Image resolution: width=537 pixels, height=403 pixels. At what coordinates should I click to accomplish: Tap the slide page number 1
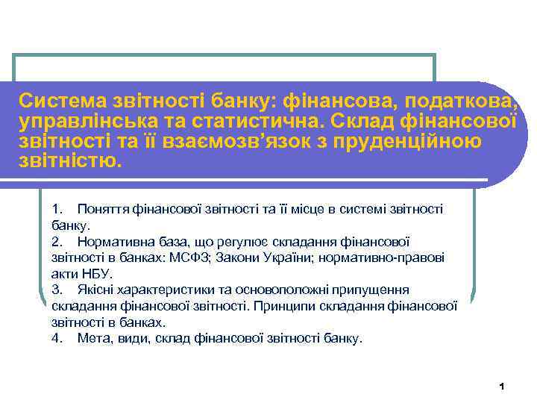point(502,387)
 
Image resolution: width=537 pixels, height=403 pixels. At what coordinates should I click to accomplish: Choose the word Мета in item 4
point(93,338)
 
